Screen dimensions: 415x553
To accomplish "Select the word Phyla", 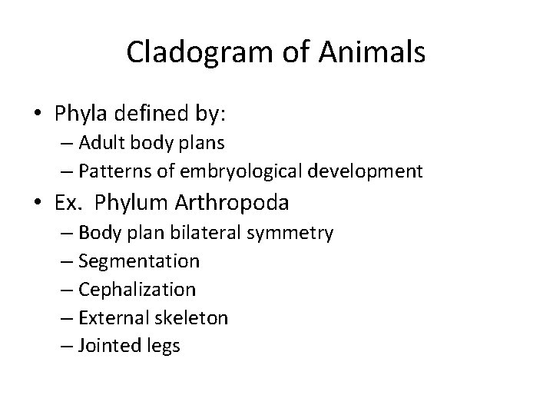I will [82, 114].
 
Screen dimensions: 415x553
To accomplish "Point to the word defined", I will [151, 114].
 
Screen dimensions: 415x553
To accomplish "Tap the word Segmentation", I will [139, 261].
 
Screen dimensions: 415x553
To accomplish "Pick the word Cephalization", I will [137, 290].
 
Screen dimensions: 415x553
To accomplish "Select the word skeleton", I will [194, 317].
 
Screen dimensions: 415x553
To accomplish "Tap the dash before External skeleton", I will [67, 318].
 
